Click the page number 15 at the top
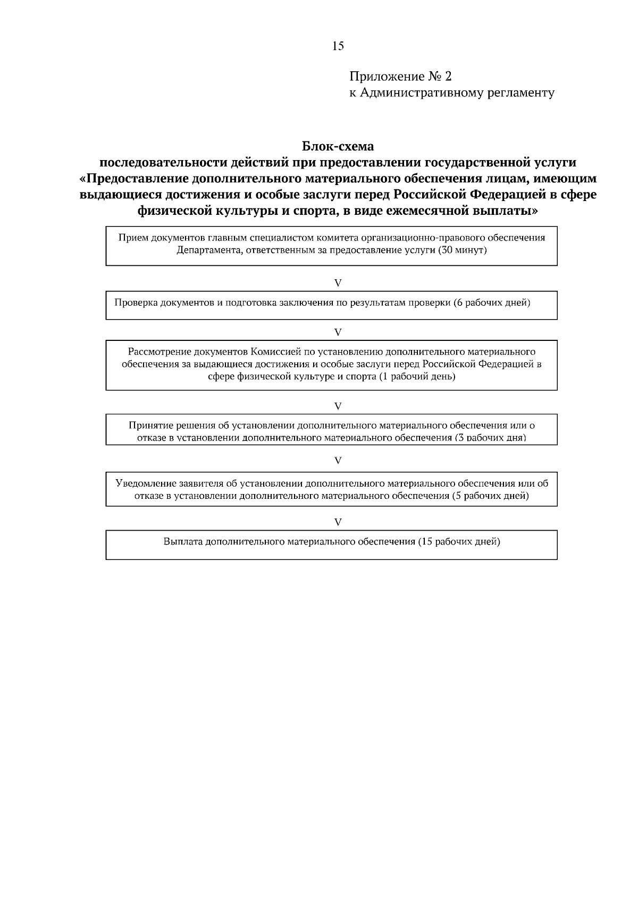338,46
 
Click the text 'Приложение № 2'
400,77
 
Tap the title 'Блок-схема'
338,146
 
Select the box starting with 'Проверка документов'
331,305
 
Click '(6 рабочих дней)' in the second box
492,303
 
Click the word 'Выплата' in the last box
183,542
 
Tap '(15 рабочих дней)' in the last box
459,542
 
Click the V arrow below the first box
338,283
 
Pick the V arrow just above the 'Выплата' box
338,522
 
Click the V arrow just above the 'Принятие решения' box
338,406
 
